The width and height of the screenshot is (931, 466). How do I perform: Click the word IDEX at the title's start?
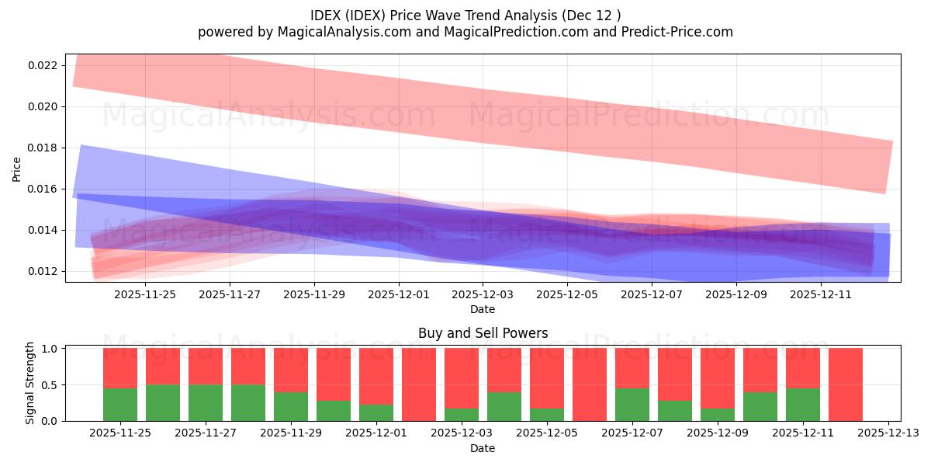325,16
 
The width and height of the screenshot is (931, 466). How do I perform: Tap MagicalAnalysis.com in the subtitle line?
343,32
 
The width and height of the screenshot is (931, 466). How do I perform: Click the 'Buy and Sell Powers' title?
483,333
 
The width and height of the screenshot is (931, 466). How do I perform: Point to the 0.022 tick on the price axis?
43,65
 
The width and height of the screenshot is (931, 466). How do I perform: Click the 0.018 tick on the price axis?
43,148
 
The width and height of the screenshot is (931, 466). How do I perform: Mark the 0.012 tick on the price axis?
43,271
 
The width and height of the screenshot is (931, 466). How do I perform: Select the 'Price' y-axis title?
17,168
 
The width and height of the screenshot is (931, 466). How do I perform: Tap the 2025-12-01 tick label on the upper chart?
398,294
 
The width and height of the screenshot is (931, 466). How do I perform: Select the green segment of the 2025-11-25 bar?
120,405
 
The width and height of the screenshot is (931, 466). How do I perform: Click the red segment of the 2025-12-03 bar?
462,377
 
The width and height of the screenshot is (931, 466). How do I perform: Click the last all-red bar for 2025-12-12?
846,384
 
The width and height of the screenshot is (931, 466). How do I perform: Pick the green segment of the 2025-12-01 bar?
376,413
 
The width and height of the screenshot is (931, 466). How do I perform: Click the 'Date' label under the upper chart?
483,309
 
